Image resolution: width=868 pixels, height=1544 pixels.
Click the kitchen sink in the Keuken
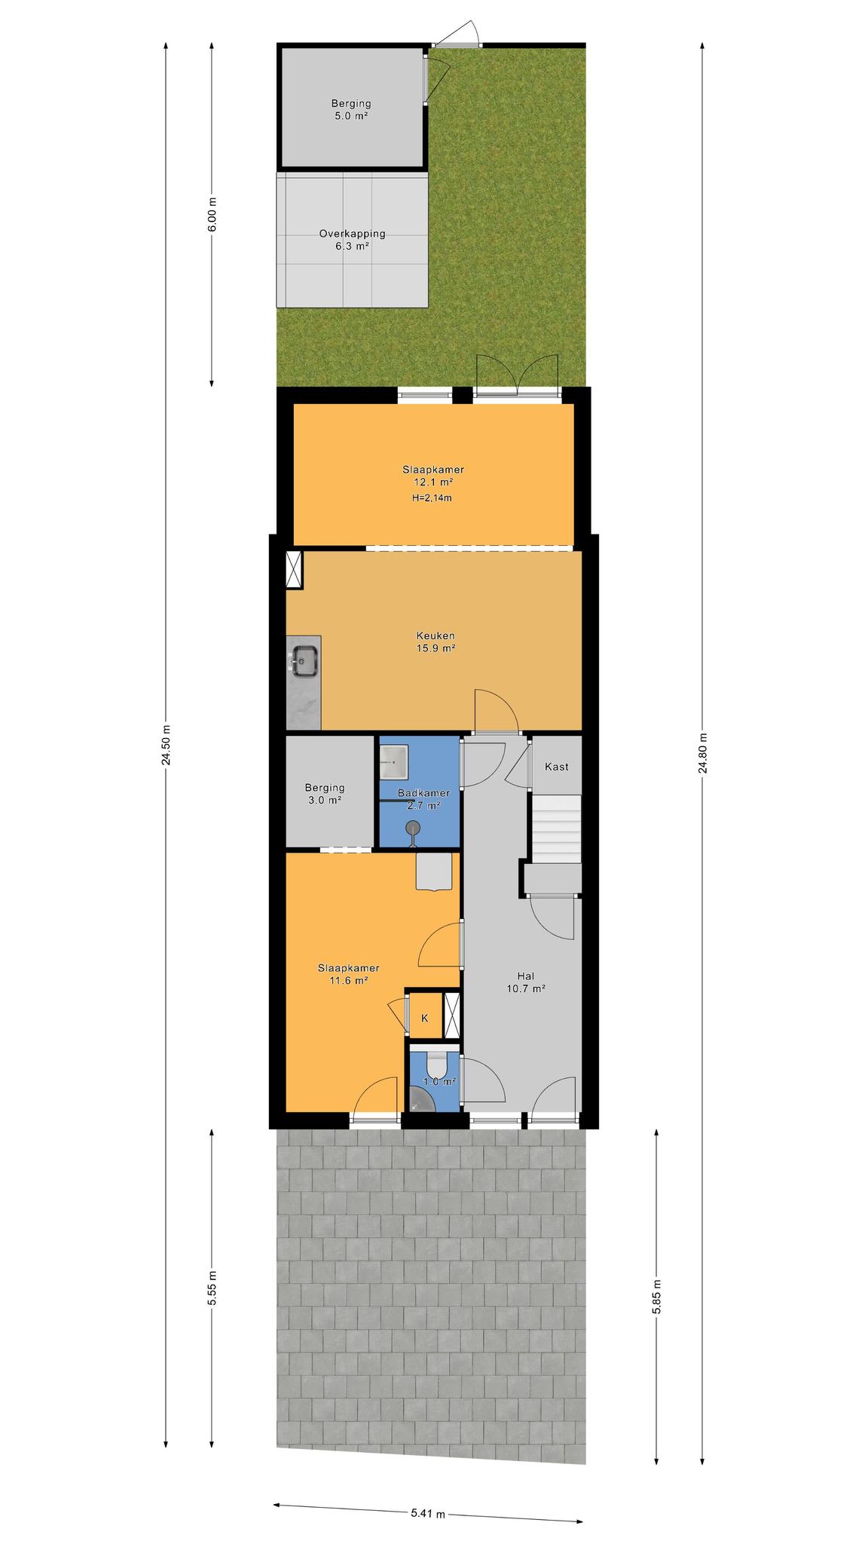(x=304, y=662)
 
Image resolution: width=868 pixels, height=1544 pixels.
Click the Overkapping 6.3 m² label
(x=352, y=240)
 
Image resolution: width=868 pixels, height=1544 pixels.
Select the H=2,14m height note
(x=432, y=498)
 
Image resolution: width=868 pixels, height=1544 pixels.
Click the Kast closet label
(x=556, y=767)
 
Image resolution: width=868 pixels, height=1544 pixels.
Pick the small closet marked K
(x=424, y=1017)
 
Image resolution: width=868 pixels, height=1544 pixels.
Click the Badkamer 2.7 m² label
(x=423, y=799)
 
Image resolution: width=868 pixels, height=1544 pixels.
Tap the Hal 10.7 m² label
(x=526, y=982)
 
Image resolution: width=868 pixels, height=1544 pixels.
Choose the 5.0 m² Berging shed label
(x=351, y=110)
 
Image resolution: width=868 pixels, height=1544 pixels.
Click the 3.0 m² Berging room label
(x=325, y=794)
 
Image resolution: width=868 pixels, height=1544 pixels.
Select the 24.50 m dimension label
(x=166, y=745)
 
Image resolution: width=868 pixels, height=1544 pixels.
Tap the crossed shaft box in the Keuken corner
(x=294, y=568)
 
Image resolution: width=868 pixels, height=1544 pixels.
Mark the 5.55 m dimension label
(x=212, y=1288)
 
